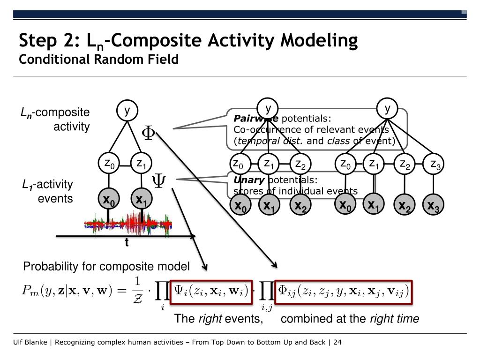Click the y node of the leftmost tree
[127, 111]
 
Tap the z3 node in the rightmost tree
[434, 164]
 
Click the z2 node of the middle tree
[300, 164]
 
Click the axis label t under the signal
[127, 243]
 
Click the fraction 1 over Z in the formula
[137, 287]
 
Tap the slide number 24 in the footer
[337, 342]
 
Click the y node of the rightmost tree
[388, 109]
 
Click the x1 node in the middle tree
[269, 206]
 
